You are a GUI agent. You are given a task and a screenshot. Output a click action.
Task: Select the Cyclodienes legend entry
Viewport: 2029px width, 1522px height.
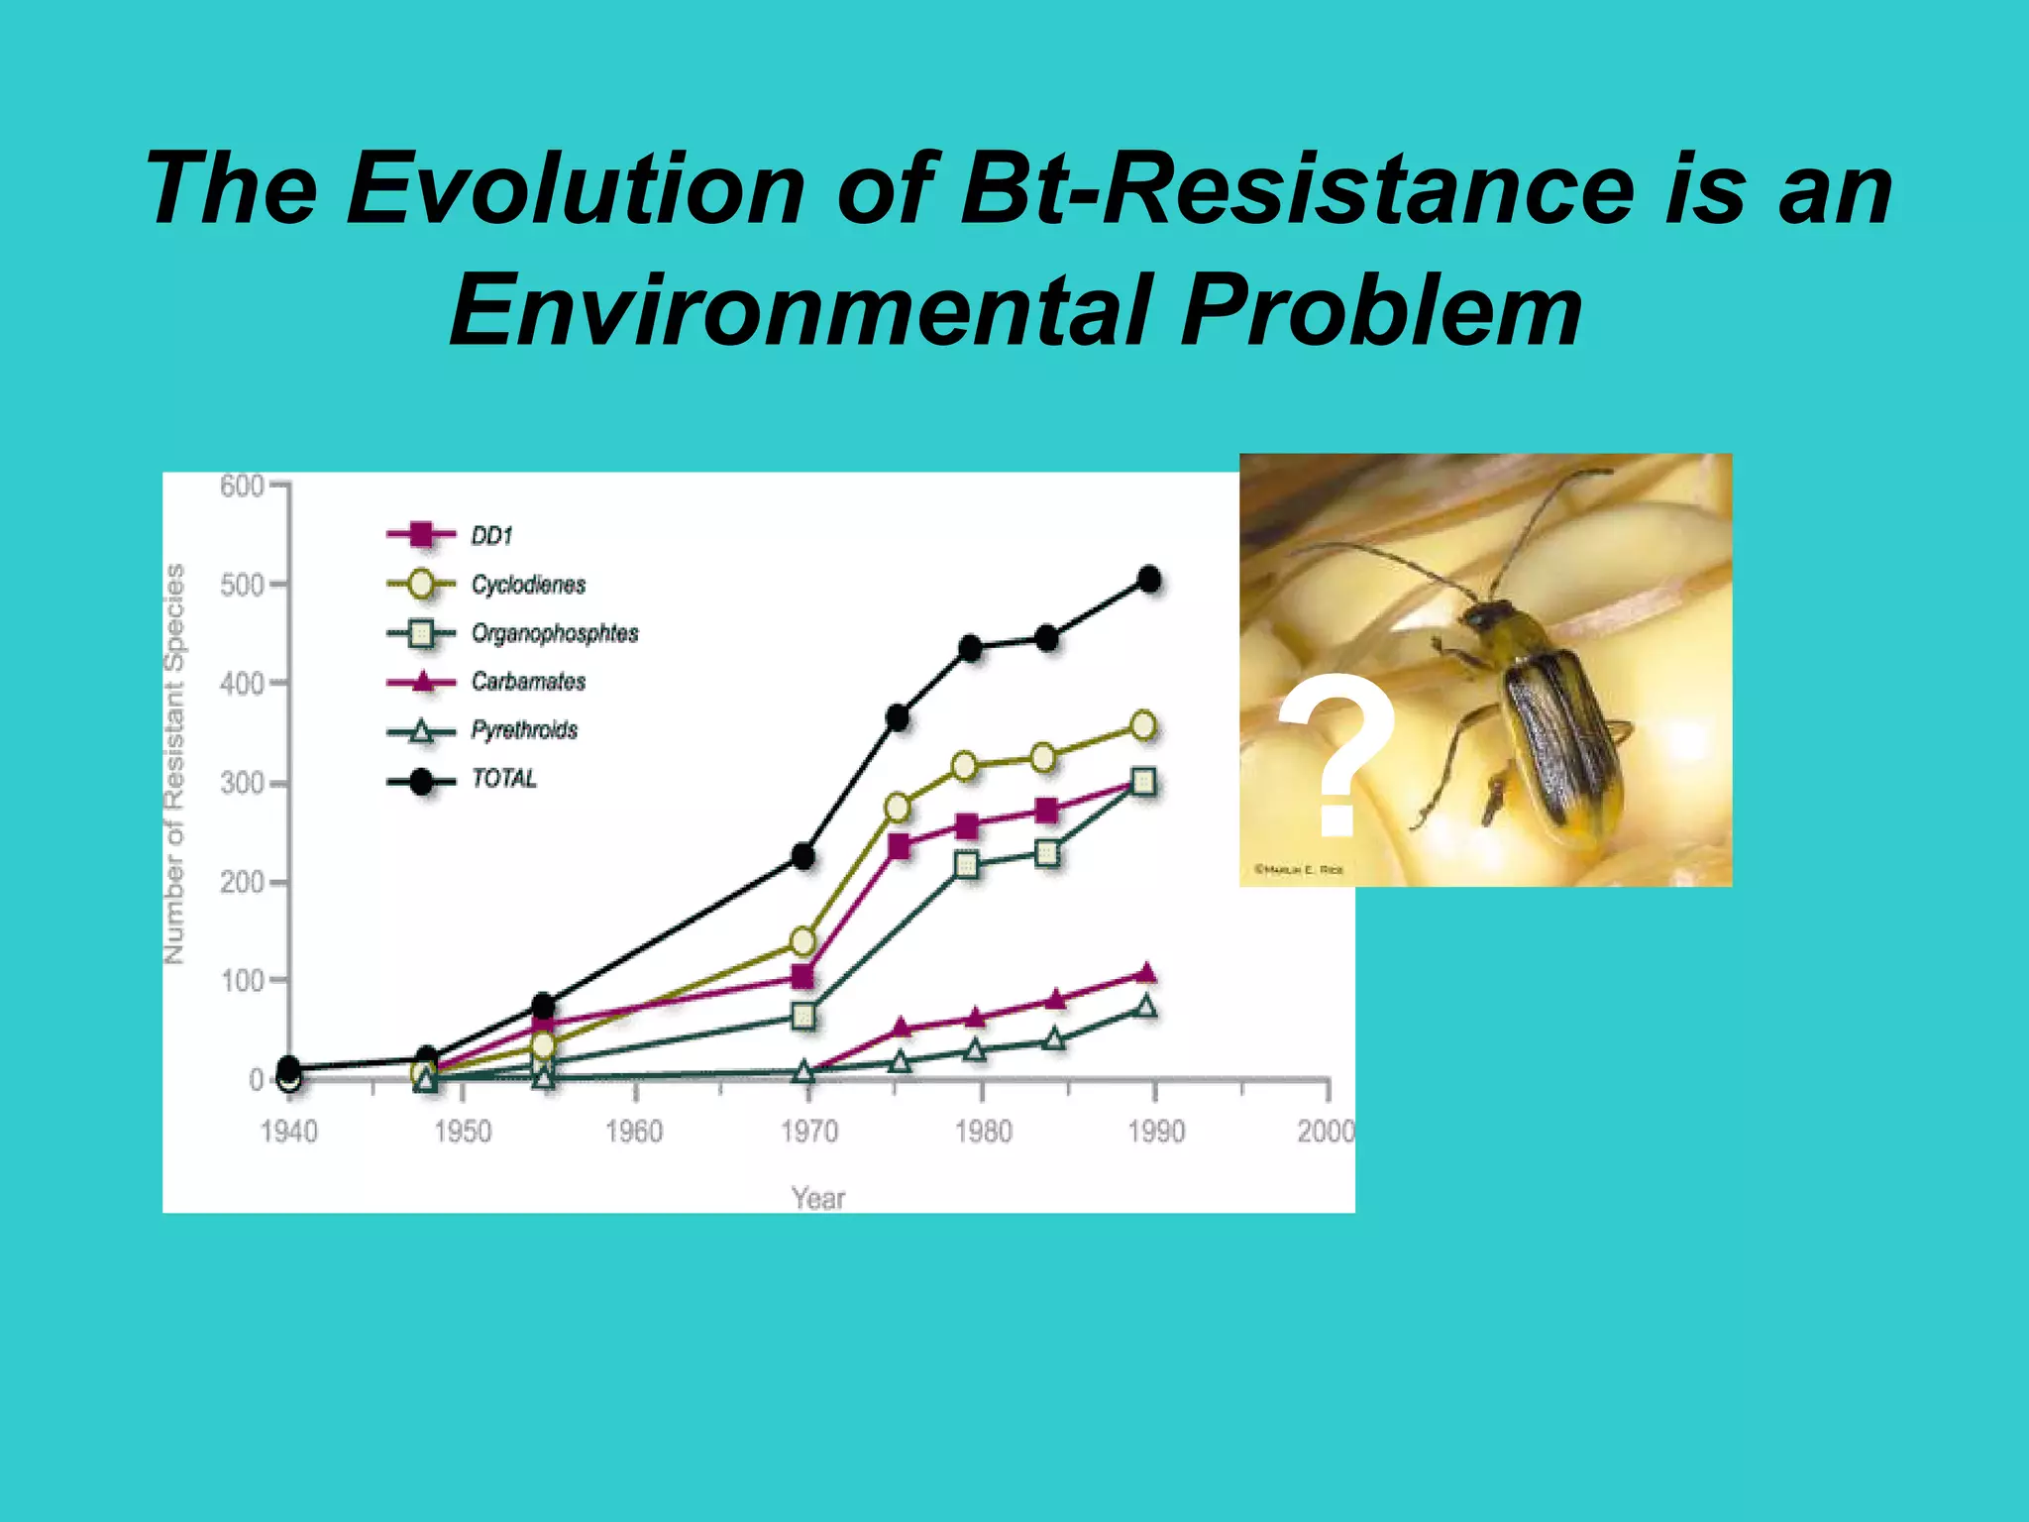527,585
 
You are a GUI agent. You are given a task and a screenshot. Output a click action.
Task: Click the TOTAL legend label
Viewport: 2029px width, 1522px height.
503,779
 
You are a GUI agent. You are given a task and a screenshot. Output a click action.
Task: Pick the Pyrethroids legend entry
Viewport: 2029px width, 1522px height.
523,730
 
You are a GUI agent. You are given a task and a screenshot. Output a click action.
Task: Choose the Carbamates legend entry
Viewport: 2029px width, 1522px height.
527,682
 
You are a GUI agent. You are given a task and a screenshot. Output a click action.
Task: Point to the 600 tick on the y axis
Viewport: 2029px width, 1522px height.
242,486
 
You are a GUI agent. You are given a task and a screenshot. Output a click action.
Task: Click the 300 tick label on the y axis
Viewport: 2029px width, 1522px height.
242,783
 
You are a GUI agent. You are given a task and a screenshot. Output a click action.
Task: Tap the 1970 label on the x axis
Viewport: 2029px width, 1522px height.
808,1132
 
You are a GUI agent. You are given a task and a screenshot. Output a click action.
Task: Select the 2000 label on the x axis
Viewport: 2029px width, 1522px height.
1326,1132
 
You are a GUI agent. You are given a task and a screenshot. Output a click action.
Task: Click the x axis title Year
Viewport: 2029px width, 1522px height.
818,1199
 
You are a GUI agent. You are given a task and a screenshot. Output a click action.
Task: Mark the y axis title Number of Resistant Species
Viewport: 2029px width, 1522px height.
174,763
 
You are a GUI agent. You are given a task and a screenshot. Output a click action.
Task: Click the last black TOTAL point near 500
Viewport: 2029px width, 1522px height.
1149,580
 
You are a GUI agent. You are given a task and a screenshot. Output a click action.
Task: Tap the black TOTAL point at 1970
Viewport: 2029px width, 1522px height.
803,856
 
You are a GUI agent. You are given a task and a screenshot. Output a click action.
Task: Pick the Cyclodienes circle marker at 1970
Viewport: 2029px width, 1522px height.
803,940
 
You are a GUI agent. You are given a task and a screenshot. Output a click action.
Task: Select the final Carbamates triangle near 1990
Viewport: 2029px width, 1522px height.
1146,973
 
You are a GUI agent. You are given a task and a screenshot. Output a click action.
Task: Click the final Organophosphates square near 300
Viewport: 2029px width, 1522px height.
1143,782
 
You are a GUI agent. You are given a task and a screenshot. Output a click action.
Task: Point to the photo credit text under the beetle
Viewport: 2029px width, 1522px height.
1299,870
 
